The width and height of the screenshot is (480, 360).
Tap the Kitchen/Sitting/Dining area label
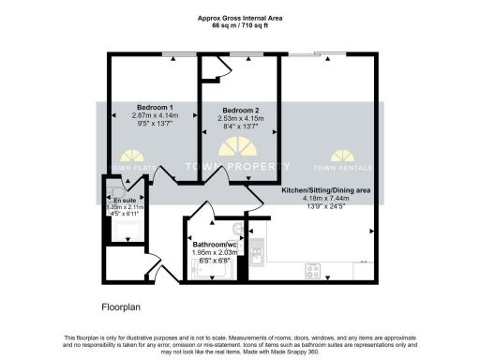[x=326, y=190]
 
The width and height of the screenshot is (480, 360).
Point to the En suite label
[x=124, y=201]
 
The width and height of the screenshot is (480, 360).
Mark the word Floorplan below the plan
[x=123, y=307]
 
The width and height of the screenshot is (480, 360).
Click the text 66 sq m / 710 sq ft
[x=239, y=25]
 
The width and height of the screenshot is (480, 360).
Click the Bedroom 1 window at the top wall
[x=173, y=54]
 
